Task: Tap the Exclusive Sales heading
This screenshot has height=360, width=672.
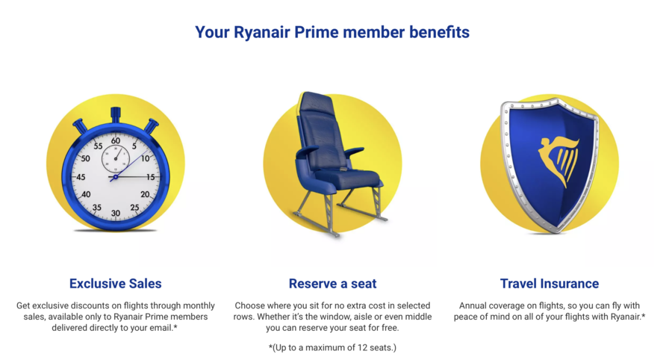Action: point(115,283)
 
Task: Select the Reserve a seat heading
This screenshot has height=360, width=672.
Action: point(332,283)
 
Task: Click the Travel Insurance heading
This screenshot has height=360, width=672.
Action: point(550,283)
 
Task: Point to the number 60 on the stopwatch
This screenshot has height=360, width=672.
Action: point(116,140)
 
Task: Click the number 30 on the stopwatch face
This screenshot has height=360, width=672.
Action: point(116,213)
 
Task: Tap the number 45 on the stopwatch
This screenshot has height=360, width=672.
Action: point(81,177)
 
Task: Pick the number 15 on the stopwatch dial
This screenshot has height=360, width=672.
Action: point(150,177)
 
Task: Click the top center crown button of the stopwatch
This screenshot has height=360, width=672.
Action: point(116,114)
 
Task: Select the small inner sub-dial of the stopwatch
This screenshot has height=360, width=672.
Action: point(116,158)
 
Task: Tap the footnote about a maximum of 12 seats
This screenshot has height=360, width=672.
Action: point(332,347)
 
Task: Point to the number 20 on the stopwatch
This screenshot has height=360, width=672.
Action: point(145,195)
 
